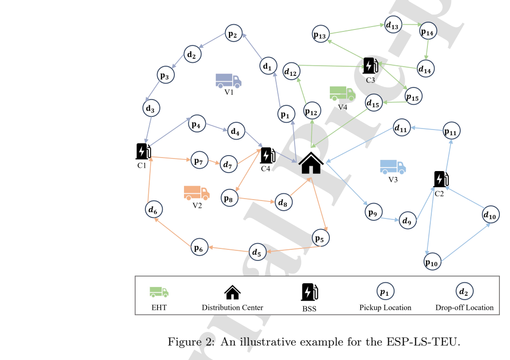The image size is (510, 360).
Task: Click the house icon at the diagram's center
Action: coord(311,163)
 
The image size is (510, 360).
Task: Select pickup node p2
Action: coord(234,33)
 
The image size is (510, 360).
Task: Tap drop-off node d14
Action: coord(425,69)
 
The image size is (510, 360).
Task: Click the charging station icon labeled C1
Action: coord(143,151)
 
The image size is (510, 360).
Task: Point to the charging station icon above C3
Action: coord(370,66)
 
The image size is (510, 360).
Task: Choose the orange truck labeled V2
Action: coord(197,193)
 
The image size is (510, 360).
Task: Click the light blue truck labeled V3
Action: coord(393,167)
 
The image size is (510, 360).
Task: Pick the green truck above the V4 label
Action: coord(342,94)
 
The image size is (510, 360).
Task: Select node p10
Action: coord(433,262)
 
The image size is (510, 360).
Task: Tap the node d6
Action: coord(154,209)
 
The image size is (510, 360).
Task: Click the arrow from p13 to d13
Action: coord(357,29)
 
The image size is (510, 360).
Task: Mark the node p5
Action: coord(321,238)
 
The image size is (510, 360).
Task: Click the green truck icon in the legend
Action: coord(159,292)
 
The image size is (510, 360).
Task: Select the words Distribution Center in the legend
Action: coord(232,308)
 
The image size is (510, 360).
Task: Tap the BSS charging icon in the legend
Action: coord(309,292)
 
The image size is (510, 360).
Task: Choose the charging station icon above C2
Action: coord(441,179)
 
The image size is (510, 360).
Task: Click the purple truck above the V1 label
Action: coord(228,81)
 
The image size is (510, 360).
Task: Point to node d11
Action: coord(402,128)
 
